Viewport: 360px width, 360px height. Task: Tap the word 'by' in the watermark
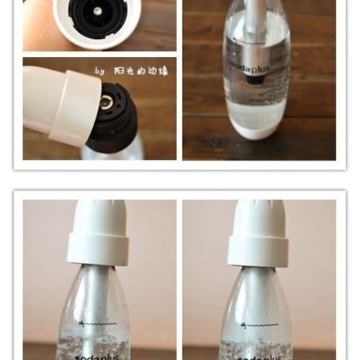pos(99,71)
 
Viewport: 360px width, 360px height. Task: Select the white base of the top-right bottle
pos(257,130)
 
